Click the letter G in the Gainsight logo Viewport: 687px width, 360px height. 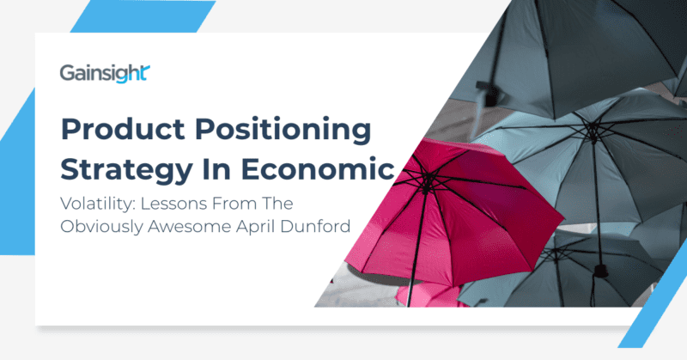[68, 74]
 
